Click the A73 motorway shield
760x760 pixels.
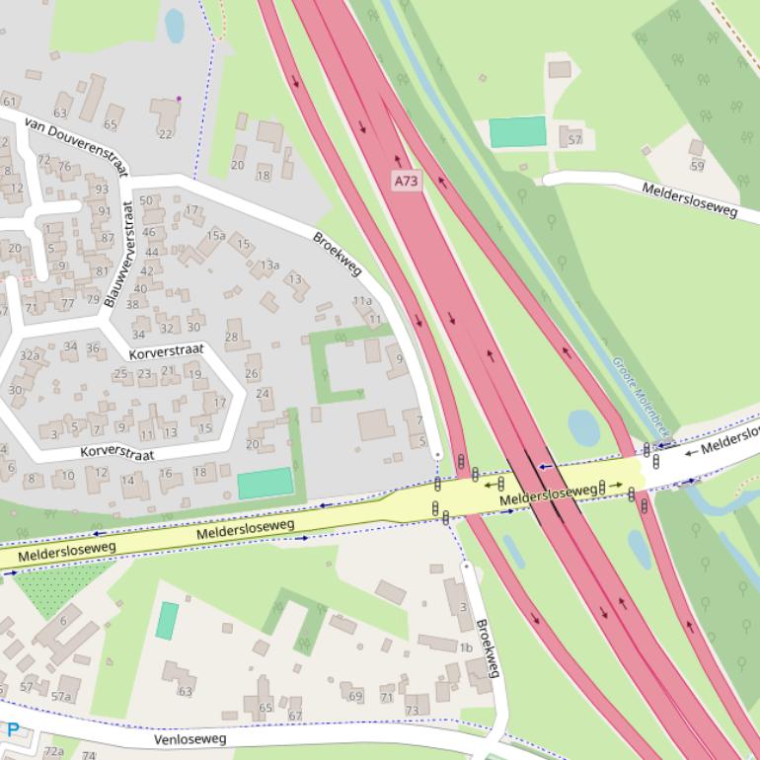406,181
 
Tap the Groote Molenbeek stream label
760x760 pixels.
641,395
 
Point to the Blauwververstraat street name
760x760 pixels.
116,254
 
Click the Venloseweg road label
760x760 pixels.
190,738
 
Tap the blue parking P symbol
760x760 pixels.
12,730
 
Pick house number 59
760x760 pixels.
698,165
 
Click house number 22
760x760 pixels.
165,133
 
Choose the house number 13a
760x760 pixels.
269,265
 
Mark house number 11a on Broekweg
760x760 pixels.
362,301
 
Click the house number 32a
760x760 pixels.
30,355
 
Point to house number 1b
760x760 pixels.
465,647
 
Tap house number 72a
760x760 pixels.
53,751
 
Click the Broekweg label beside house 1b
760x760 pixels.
484,647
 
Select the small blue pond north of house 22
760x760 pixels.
175,26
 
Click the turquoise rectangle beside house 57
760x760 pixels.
517,132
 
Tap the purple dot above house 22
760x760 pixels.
179,99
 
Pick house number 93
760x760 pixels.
102,189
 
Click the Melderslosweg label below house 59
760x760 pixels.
689,200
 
